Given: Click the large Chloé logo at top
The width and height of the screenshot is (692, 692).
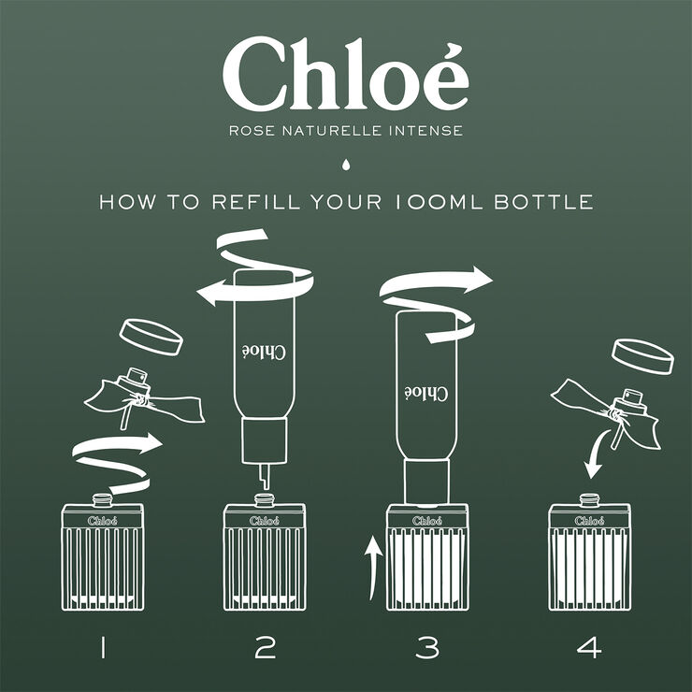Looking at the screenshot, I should (345, 75).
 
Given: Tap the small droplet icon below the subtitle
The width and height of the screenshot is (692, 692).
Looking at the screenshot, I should (346, 166).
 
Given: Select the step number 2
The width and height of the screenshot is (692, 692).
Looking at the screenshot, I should (265, 646).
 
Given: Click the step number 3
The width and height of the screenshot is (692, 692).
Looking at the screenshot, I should (427, 646).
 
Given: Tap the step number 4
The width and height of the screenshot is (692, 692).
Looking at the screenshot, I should (590, 646).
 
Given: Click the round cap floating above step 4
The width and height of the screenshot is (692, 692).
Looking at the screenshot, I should (642, 355).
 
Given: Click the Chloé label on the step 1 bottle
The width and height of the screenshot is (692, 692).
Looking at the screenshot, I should (102, 520).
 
